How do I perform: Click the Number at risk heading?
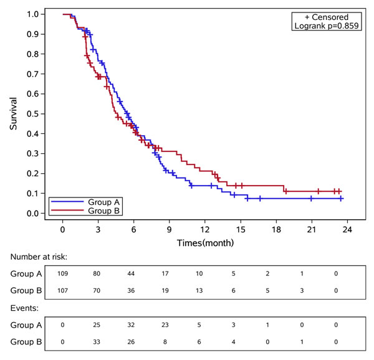[x=38, y=257]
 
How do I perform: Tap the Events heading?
[x=24, y=308]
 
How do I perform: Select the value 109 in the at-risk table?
[x=63, y=273]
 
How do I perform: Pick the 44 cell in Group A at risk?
[x=133, y=273]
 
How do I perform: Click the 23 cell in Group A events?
[x=169, y=324]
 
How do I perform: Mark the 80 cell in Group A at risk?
[x=98, y=273]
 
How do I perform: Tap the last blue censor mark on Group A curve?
[x=341, y=199]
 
